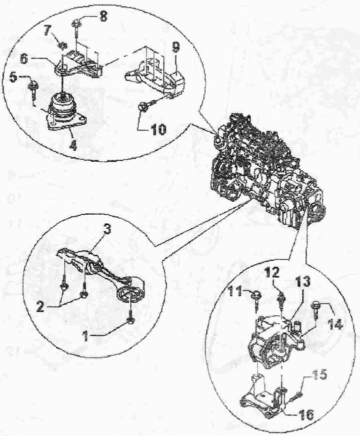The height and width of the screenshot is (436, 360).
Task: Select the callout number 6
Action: (24, 59)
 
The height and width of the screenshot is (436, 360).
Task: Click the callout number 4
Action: (73, 145)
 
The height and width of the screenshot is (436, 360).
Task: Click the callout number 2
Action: (40, 306)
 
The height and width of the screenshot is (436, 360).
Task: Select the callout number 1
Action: (86, 337)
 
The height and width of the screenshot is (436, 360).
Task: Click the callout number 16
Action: (305, 414)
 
